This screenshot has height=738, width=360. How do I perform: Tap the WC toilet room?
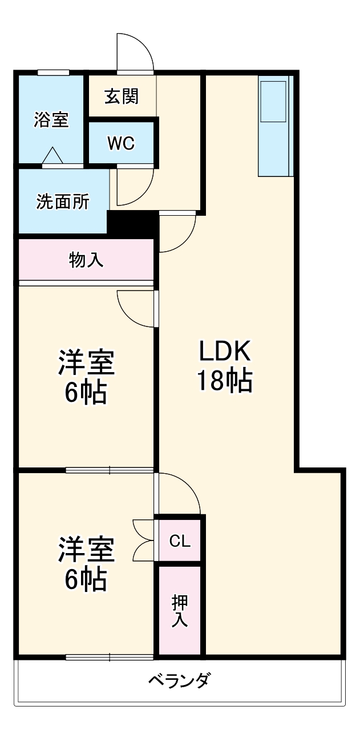(121, 143)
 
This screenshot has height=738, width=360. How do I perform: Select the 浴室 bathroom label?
(51, 120)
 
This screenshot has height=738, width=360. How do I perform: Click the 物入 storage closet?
(86, 260)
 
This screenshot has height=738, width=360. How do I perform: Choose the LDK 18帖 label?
(225, 366)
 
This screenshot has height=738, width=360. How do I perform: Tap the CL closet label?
(179, 541)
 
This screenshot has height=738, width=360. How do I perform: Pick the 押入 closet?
(180, 611)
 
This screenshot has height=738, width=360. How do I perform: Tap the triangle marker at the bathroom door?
(53, 155)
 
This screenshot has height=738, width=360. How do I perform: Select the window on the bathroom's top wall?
(54, 72)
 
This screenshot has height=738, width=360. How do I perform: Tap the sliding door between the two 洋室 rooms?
(109, 470)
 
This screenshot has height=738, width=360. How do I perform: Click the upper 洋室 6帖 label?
(86, 377)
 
